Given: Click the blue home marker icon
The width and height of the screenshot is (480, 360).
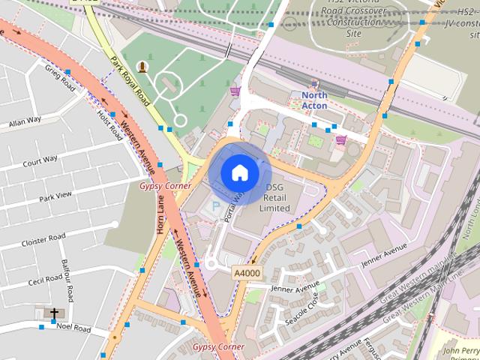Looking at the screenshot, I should point(238,173).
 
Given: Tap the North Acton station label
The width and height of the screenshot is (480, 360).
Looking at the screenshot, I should point(315,100).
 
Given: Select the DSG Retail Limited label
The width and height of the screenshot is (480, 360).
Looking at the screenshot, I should point(274,198).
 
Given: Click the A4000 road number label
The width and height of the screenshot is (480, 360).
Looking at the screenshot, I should point(246,273).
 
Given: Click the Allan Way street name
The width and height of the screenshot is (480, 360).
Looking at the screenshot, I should point(25,121).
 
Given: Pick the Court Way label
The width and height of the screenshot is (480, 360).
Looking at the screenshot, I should point(40,160).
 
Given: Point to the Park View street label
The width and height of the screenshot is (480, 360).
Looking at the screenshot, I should point(55,196).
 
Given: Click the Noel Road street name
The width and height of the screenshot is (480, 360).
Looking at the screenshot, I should point(73,328).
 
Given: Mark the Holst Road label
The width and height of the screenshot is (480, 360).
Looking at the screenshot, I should point(109,124).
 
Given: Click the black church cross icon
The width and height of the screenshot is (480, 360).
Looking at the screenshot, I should point(54,313).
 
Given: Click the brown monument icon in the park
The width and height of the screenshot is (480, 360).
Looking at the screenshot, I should point(142,67).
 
